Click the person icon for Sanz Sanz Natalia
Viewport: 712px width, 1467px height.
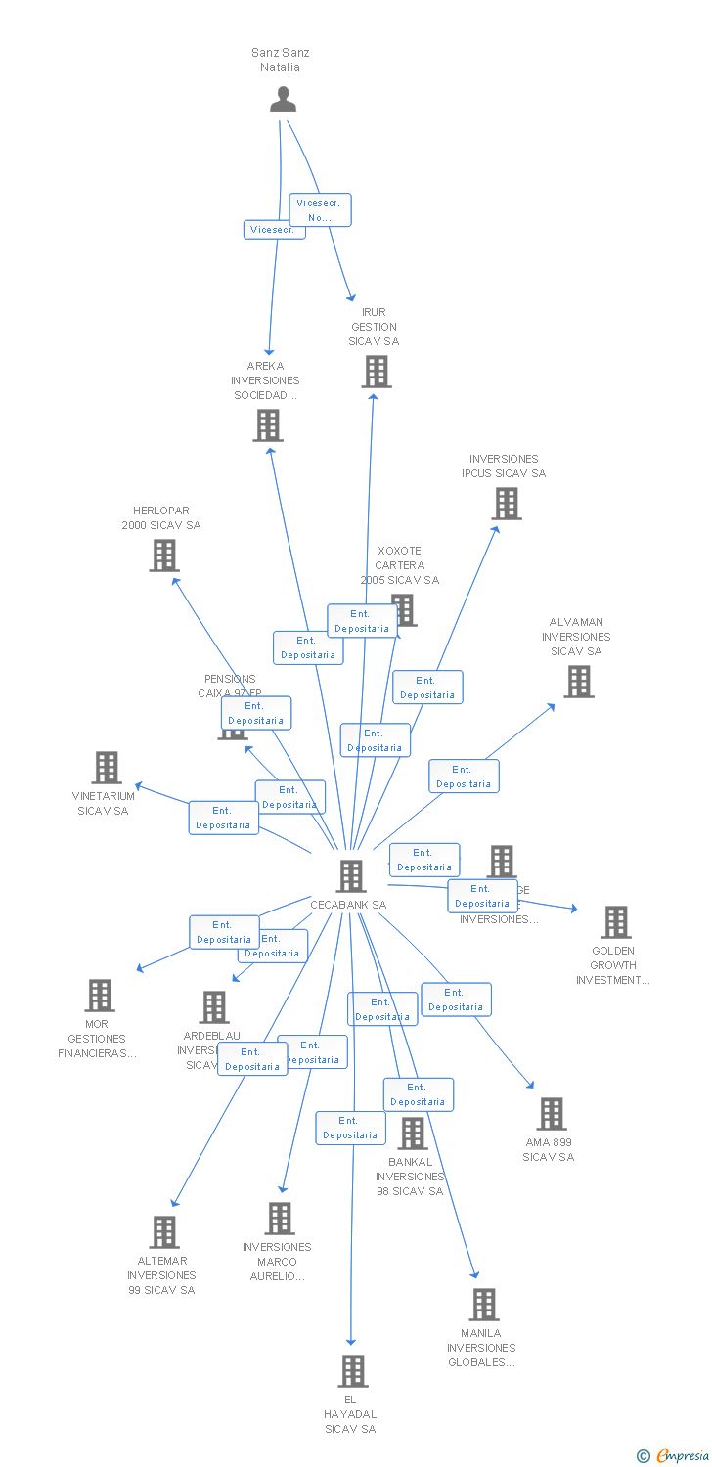tap(283, 100)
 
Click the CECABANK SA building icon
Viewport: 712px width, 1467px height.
tap(351, 876)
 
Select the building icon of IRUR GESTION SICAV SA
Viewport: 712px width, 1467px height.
tap(377, 372)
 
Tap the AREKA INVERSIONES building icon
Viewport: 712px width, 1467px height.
tap(268, 425)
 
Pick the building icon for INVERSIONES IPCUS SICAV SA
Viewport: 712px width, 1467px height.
tap(507, 504)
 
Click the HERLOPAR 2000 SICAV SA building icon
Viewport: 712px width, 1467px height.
tap(164, 556)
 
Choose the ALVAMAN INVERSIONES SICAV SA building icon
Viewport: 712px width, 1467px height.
tap(579, 682)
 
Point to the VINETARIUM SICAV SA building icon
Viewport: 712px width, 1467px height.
tap(107, 768)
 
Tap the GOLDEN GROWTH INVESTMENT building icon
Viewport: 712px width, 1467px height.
tap(615, 922)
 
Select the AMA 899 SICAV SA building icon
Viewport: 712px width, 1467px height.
tap(552, 1114)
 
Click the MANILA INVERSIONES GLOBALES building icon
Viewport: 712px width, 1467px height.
tap(483, 1305)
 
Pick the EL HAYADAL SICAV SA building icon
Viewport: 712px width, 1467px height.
tap(353, 1371)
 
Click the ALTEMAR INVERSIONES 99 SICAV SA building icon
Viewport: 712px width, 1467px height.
tap(164, 1232)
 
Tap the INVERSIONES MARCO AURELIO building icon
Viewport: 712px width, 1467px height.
tap(281, 1219)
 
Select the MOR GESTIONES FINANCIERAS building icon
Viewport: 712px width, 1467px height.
tap(100, 996)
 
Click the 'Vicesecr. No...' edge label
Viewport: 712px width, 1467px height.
tap(320, 210)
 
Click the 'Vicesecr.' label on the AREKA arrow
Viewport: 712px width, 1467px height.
tap(272, 230)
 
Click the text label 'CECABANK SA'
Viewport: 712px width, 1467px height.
tap(348, 905)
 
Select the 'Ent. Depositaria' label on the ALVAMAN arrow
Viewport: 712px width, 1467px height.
tap(464, 777)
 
